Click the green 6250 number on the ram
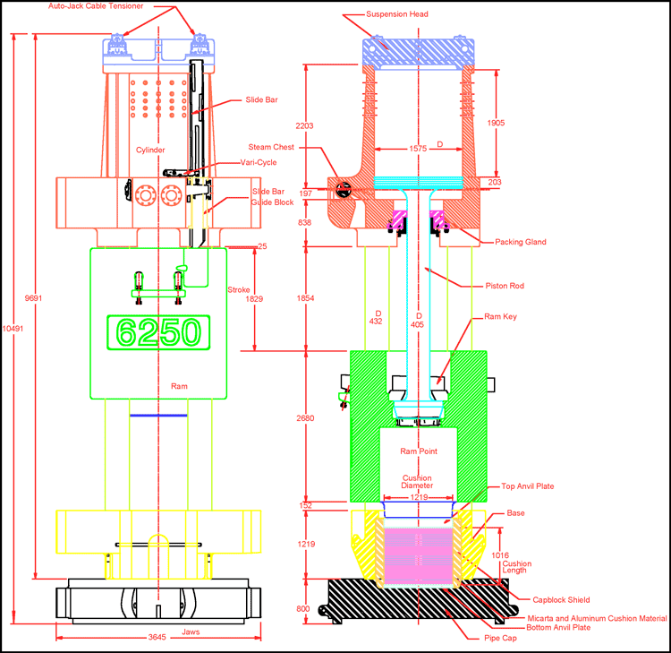pyautogui.click(x=157, y=333)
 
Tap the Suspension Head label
pyautogui.click(x=397, y=14)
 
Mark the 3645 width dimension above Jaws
pyautogui.click(x=157, y=637)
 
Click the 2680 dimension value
pyautogui.click(x=307, y=417)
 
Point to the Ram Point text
pyautogui.click(x=418, y=451)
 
